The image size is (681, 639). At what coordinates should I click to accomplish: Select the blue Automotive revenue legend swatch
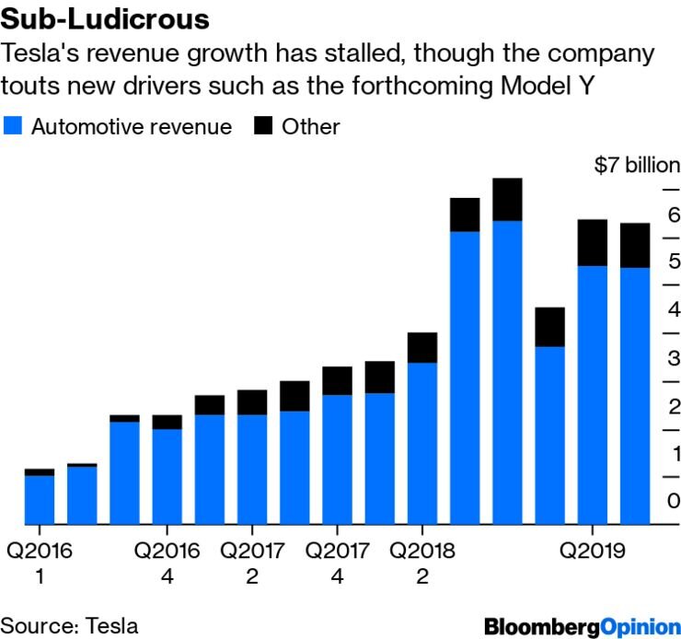[x=13, y=126]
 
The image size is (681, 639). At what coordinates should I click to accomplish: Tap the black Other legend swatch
[x=263, y=126]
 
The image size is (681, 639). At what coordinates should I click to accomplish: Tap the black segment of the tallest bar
[x=507, y=200]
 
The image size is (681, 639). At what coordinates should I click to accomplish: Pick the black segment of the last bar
[x=635, y=245]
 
